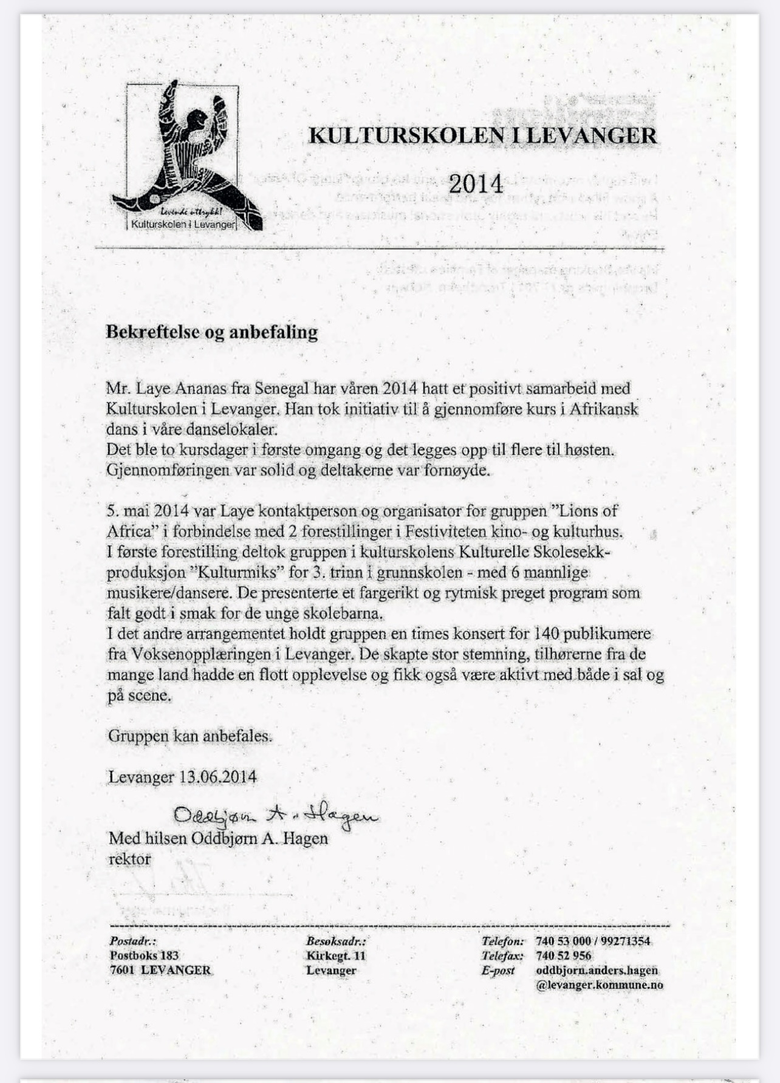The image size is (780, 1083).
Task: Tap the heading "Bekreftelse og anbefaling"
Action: tap(212, 332)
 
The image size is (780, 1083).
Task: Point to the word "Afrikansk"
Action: tap(604, 409)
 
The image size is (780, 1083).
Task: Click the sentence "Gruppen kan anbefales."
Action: tap(190, 736)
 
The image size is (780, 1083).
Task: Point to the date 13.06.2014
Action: tap(217, 777)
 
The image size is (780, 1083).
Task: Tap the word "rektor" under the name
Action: tap(129, 859)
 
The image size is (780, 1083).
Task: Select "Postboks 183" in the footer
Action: tap(144, 955)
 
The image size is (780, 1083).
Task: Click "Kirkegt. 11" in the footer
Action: tap(336, 955)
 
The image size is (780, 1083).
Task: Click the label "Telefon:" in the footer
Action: tap(502, 941)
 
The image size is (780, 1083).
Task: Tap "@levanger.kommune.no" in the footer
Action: tap(600, 985)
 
